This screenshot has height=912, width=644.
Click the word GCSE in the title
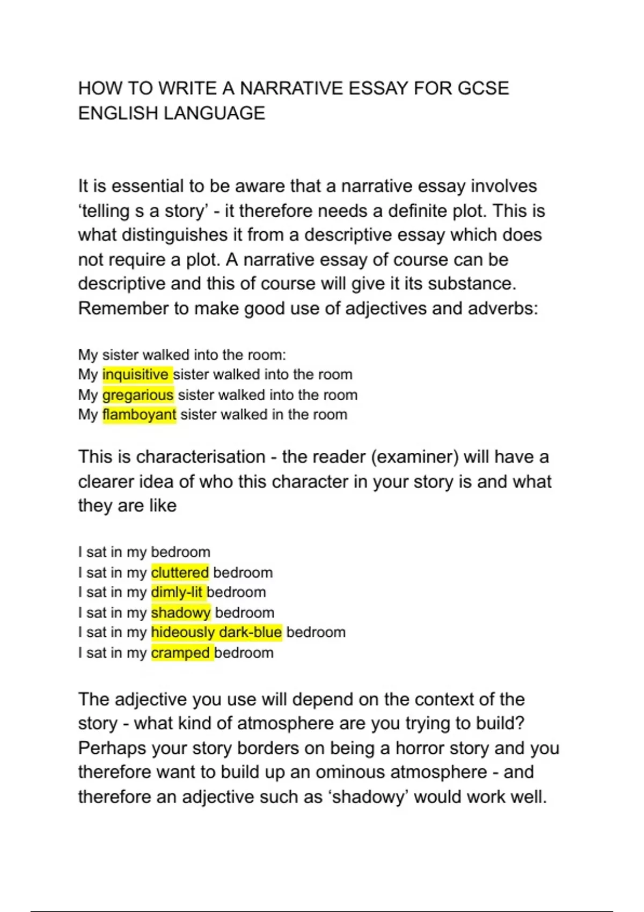[x=483, y=89]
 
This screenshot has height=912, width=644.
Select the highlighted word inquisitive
[x=135, y=374]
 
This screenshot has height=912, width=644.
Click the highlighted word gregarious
[x=138, y=395]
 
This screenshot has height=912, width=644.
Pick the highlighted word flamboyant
[x=139, y=415]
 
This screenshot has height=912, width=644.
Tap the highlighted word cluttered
[x=180, y=572]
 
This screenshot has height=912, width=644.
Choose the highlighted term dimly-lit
[x=177, y=592]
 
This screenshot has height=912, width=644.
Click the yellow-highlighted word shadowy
[x=181, y=613]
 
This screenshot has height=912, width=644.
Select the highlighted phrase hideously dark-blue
[x=216, y=632]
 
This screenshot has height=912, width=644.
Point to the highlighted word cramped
[x=180, y=653]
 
